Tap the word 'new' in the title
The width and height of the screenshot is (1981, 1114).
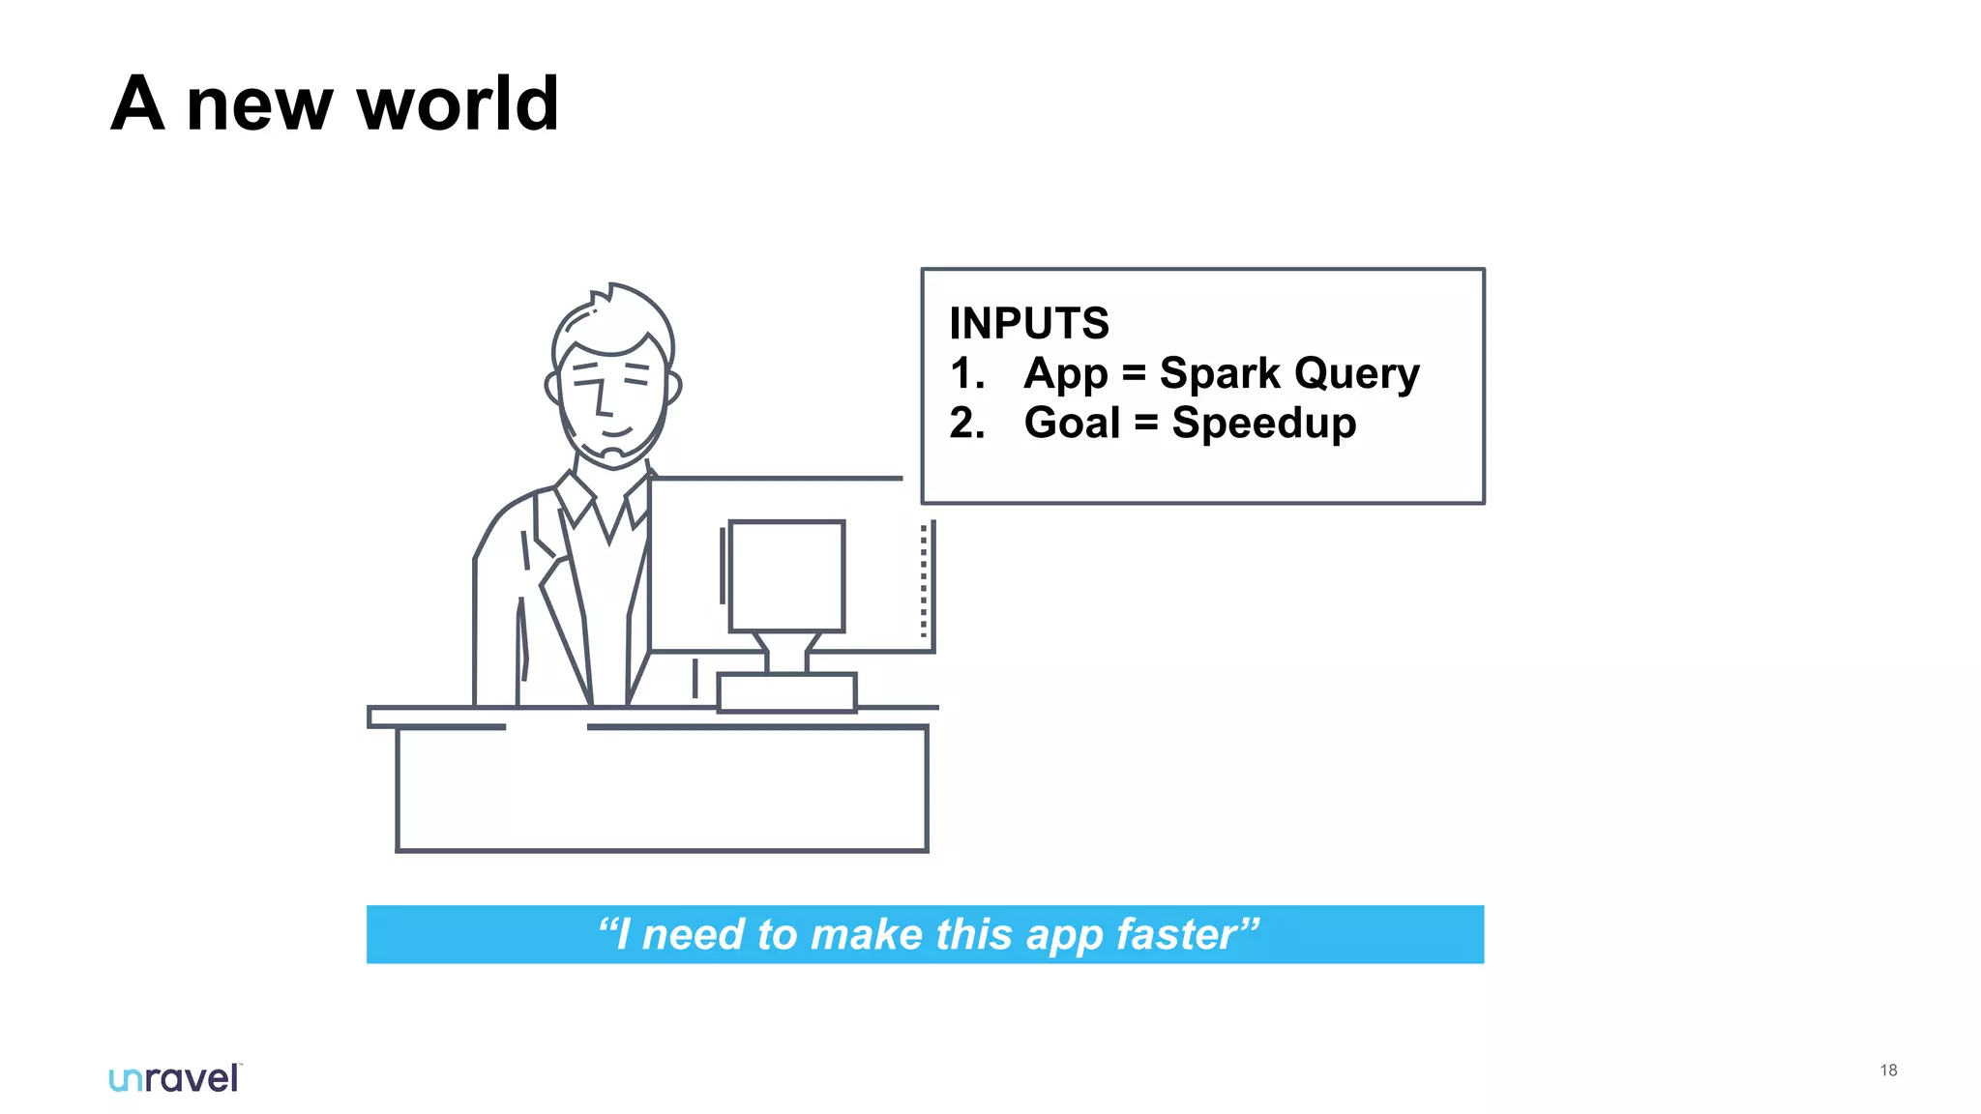[x=259, y=106]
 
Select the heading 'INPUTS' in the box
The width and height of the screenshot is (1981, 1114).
[x=1029, y=323]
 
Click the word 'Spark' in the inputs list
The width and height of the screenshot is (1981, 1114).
[x=1219, y=373]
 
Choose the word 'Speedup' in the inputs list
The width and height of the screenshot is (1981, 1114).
[x=1263, y=424]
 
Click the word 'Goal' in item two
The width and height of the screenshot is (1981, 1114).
[x=1072, y=423]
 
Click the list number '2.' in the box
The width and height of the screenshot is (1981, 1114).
[x=967, y=424]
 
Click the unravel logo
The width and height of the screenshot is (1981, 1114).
[x=175, y=1078]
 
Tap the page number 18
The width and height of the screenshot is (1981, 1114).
[x=1888, y=1070]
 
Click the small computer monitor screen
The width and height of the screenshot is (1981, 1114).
[x=786, y=576]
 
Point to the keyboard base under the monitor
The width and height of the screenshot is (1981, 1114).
[x=786, y=692]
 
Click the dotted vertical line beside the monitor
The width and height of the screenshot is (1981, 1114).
[x=924, y=580]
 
